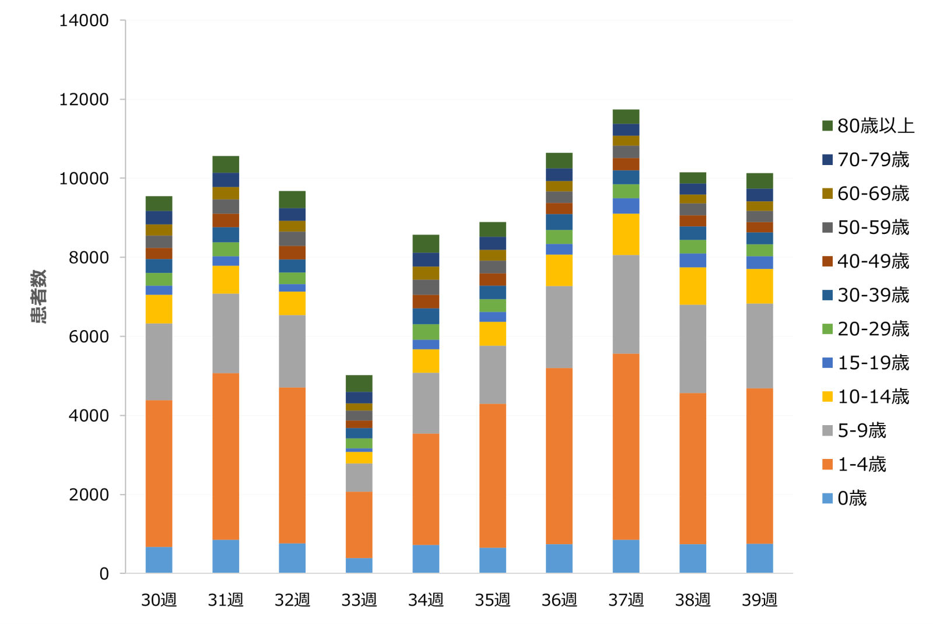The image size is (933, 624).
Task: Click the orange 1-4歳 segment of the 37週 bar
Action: click(626, 447)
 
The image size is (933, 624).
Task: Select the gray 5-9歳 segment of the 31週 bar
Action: click(226, 334)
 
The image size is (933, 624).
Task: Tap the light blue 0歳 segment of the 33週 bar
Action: click(359, 566)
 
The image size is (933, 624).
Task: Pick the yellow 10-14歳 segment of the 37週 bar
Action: click(626, 234)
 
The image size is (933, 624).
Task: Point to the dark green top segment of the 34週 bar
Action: click(426, 244)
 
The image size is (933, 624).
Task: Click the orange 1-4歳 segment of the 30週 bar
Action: click(159, 474)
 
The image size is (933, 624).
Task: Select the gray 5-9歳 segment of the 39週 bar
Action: click(759, 346)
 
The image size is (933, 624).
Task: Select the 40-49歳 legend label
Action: click(873, 262)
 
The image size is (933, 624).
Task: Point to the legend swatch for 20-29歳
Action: click(827, 329)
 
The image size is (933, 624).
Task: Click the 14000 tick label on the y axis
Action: click(84, 21)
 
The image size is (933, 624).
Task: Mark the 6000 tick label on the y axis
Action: click(89, 337)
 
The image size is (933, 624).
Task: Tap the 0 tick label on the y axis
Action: click(104, 574)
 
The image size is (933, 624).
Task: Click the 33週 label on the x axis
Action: click(359, 600)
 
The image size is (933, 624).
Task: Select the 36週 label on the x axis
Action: click(559, 600)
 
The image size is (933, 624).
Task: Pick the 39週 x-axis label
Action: click(759, 600)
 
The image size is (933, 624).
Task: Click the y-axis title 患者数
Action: click(38, 296)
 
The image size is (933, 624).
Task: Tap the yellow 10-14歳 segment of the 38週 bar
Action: click(693, 286)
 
